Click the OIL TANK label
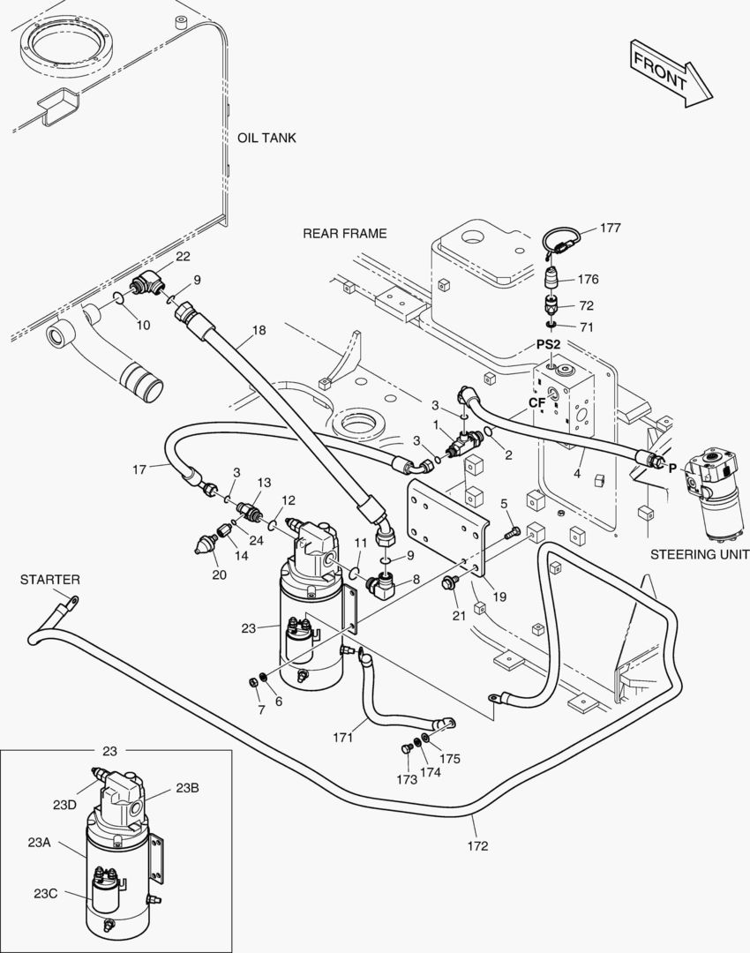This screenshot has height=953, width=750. (x=266, y=138)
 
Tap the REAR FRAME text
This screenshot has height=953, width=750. (x=344, y=233)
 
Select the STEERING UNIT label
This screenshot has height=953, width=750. (x=699, y=555)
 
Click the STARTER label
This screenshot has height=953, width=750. (x=50, y=580)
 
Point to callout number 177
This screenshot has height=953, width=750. (x=611, y=228)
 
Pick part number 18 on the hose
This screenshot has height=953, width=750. (x=258, y=330)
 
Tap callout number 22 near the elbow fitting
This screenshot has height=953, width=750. (x=182, y=257)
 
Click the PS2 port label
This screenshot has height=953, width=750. (x=549, y=343)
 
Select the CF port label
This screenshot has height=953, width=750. (x=537, y=402)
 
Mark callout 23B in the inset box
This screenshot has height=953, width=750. (x=187, y=788)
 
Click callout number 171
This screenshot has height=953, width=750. (x=343, y=735)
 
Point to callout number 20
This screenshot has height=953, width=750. (x=219, y=574)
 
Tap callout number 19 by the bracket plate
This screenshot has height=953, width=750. (x=499, y=597)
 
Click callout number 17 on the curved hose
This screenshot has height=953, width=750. (x=139, y=469)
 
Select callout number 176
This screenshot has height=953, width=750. (x=588, y=279)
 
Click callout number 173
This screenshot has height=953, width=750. (x=406, y=780)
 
